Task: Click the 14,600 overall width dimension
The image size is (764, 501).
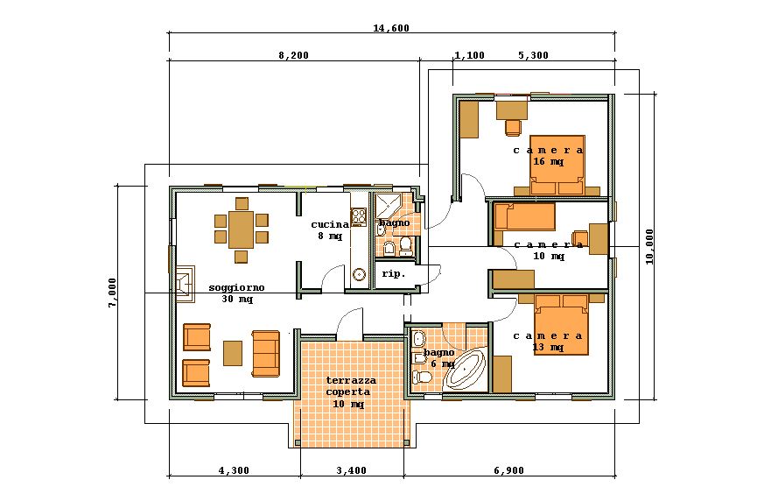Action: click(x=391, y=28)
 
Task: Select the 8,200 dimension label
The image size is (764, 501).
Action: click(x=294, y=55)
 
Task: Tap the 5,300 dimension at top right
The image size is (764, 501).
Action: click(x=533, y=55)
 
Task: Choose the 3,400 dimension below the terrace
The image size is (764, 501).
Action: click(x=351, y=470)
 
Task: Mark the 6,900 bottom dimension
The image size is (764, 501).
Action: click(x=508, y=470)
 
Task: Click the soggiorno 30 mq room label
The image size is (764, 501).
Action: click(x=236, y=293)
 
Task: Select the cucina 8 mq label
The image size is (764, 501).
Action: click(x=329, y=229)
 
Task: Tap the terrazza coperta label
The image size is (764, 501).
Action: click(x=350, y=392)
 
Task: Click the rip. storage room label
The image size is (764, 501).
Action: click(x=393, y=274)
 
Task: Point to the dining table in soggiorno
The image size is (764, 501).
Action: click(x=241, y=229)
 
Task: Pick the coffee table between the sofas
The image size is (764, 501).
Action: click(x=232, y=352)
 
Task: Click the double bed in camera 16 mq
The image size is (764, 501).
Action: click(x=557, y=166)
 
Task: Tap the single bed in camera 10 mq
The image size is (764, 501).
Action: click(x=524, y=216)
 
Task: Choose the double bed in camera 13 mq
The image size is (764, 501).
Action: click(x=561, y=325)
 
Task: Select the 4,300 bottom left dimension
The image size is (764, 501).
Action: click(x=234, y=470)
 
